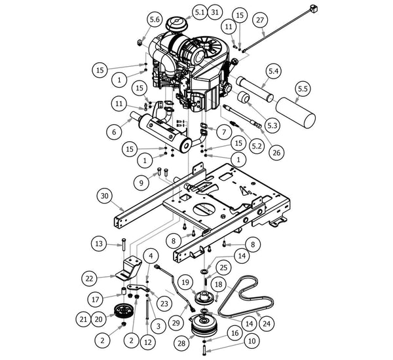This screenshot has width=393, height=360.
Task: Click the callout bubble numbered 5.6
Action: coord(155,20)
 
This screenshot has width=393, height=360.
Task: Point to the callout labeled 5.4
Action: coord(274,70)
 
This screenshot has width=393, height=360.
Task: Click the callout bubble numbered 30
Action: coord(103,196)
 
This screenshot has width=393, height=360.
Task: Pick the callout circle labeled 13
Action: coord(99,244)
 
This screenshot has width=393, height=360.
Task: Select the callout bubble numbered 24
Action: coord(266,322)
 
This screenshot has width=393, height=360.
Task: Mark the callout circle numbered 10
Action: coord(252,341)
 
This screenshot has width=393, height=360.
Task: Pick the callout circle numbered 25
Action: coord(223,266)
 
